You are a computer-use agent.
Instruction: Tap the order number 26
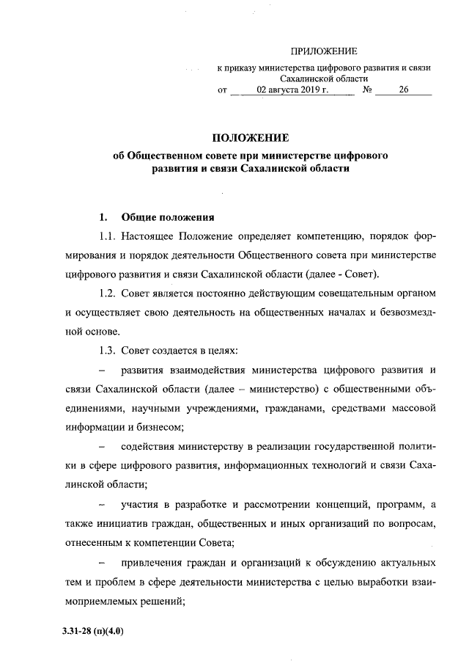click(404, 91)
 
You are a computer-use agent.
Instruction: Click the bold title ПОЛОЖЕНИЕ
click(251, 137)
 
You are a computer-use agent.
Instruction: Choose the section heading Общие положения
click(168, 217)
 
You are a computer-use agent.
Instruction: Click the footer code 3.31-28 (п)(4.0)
click(93, 630)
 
